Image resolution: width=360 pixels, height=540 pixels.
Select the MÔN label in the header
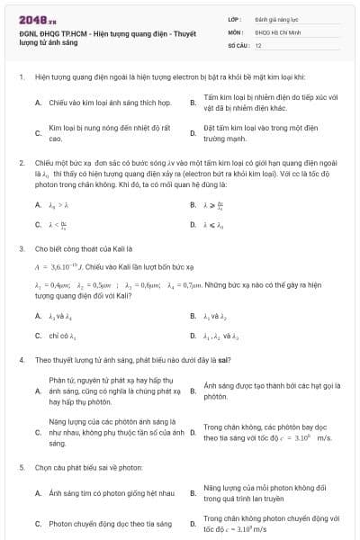click(235, 31)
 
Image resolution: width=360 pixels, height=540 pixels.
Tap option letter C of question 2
click(38, 225)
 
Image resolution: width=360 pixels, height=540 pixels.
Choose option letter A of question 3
click(38, 316)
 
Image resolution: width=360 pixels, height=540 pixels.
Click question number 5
click(22, 468)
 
